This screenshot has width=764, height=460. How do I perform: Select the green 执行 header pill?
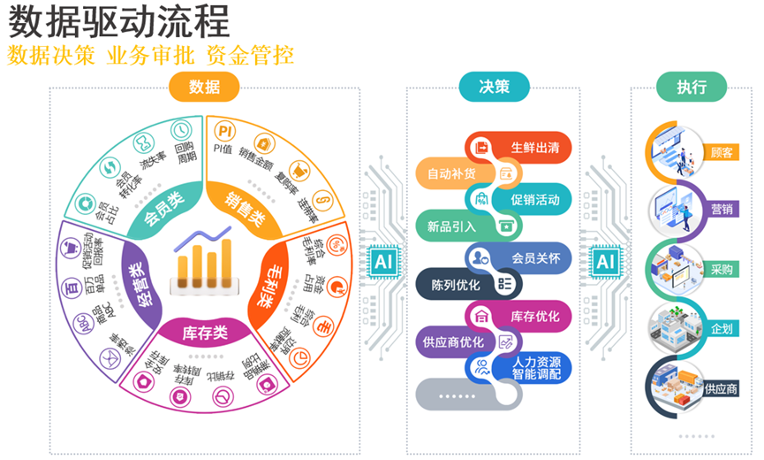pos(691,86)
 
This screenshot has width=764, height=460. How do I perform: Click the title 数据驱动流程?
pos(119,21)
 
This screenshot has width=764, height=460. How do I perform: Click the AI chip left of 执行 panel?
pos(605,261)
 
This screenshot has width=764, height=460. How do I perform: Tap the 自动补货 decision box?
pos(452,172)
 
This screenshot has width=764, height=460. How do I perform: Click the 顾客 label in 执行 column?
pos(721,153)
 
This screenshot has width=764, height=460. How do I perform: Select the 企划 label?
pos(721,328)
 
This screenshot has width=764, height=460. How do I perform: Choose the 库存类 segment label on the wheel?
pos(204,333)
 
